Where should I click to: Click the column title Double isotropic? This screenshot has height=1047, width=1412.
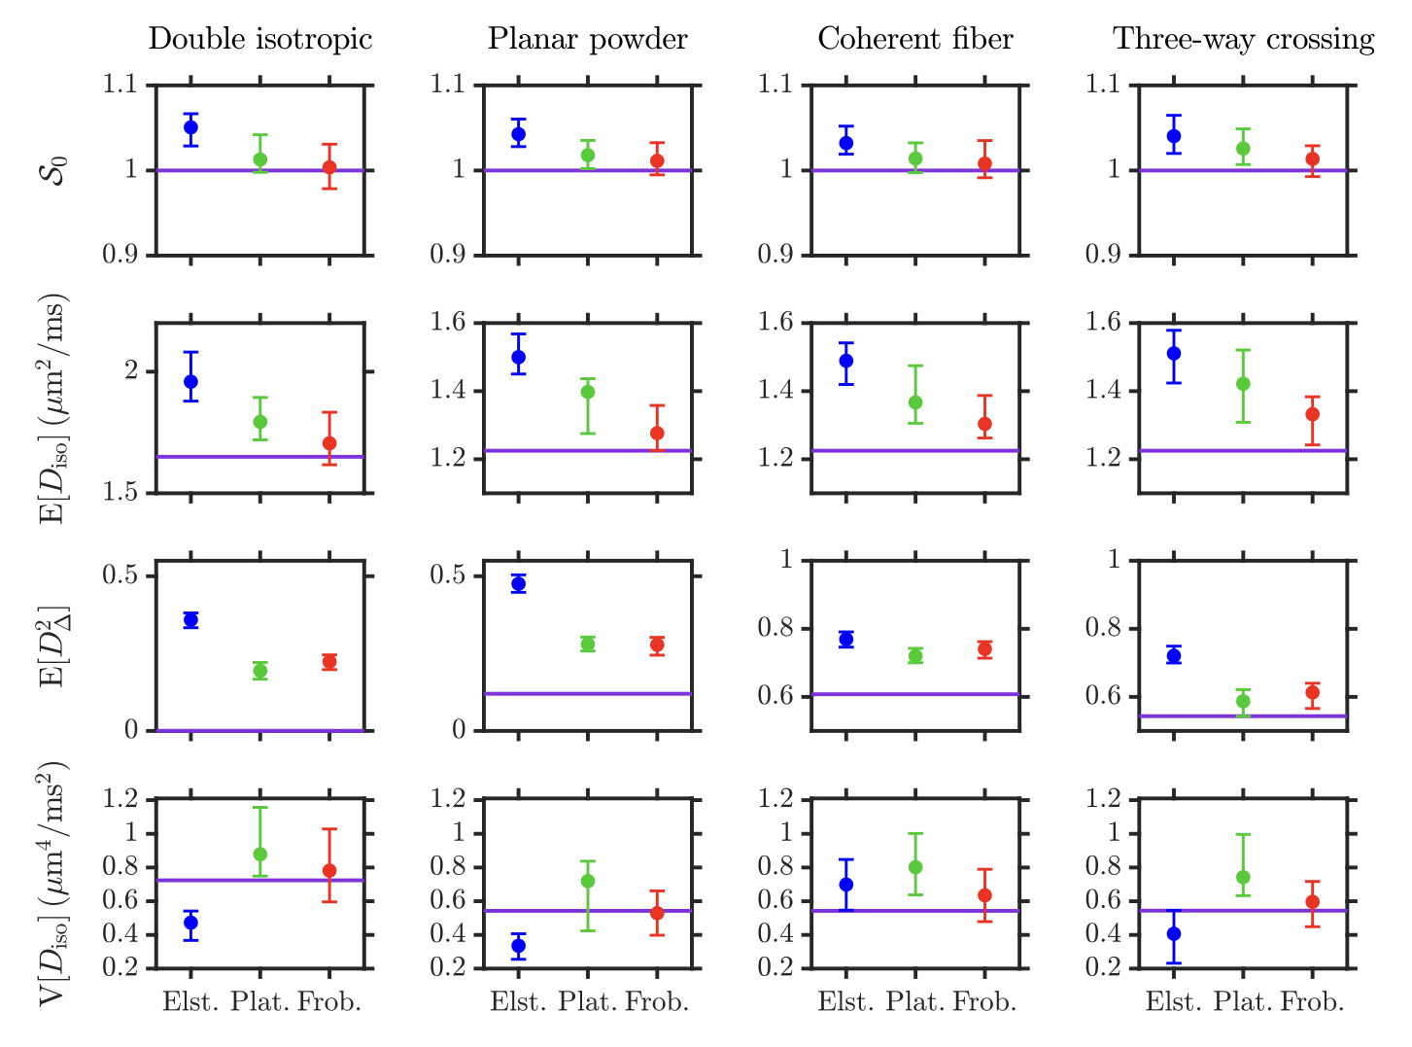pyautogui.click(x=259, y=40)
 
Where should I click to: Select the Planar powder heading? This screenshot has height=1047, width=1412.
pyautogui.click(x=587, y=40)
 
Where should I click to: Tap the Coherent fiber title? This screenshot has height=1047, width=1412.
pyautogui.click(x=914, y=40)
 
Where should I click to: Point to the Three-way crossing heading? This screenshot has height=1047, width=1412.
pyautogui.click(x=1243, y=40)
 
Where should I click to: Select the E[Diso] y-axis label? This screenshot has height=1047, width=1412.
pyautogui.click(x=57, y=408)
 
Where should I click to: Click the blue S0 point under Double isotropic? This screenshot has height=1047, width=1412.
pyautogui.click(x=190, y=127)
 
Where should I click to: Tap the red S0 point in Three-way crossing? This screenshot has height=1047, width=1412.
pyautogui.click(x=1312, y=158)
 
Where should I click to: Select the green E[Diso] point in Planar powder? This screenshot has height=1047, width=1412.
pyautogui.click(x=587, y=392)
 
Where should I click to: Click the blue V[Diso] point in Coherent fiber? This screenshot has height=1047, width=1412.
pyautogui.click(x=846, y=885)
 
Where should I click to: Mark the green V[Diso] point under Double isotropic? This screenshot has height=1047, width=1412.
pyautogui.click(x=259, y=854)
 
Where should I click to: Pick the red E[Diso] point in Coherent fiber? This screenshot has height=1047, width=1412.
pyautogui.click(x=984, y=424)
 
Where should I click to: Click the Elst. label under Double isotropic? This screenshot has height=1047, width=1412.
pyautogui.click(x=190, y=1002)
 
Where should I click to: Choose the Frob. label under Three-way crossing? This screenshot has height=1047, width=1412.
pyautogui.click(x=1312, y=1002)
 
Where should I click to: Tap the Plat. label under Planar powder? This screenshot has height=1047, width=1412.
pyautogui.click(x=587, y=1002)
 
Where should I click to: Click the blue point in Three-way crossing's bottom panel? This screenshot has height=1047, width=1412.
pyautogui.click(x=1174, y=933)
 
